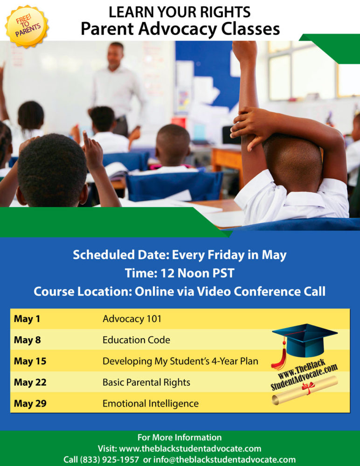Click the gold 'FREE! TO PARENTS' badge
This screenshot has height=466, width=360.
(x=27, y=27)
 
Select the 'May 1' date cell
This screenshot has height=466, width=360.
(x=27, y=319)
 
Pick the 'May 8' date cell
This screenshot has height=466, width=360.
(x=28, y=340)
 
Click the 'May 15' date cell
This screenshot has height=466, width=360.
(x=30, y=361)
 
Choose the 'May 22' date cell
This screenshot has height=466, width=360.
(x=30, y=382)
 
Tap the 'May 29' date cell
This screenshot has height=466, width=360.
(x=30, y=403)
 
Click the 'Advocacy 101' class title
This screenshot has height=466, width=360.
(x=132, y=319)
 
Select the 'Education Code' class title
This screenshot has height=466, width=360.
(x=136, y=340)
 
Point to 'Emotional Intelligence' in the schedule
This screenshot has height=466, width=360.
(x=151, y=403)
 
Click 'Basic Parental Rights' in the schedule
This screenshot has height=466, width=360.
(x=146, y=382)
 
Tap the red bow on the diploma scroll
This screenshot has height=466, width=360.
(x=308, y=388)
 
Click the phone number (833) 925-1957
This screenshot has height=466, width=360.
(x=109, y=459)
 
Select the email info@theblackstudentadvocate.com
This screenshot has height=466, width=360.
(x=225, y=459)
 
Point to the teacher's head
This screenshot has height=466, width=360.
(x=116, y=56)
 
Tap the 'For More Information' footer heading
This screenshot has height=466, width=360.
(x=180, y=438)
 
